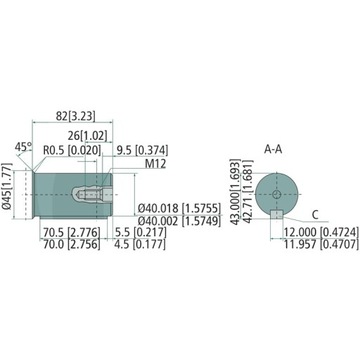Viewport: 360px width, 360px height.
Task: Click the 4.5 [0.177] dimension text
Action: pyautogui.click(x=134, y=242)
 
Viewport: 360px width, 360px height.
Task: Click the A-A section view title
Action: pyautogui.click(x=272, y=148)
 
